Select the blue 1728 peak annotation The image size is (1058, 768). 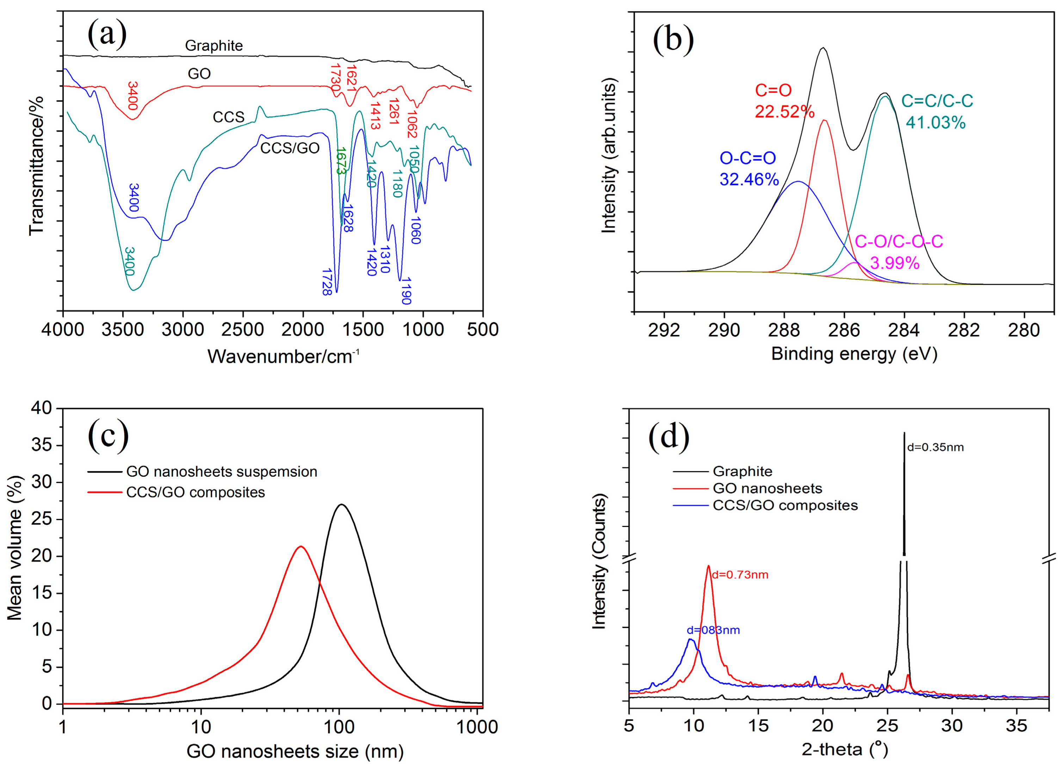[327, 282]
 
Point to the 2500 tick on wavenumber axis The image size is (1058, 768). [243, 330]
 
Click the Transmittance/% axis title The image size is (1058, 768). [36, 166]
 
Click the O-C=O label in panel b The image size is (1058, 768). [748, 158]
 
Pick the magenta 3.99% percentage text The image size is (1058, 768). [895, 263]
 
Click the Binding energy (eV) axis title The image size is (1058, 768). [854, 354]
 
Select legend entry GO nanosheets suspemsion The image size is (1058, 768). [222, 472]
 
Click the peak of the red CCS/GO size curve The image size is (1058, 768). [301, 546]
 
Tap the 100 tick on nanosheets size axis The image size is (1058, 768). [339, 727]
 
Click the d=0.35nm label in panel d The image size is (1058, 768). [935, 447]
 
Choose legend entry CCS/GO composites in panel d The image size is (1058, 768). [785, 505]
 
